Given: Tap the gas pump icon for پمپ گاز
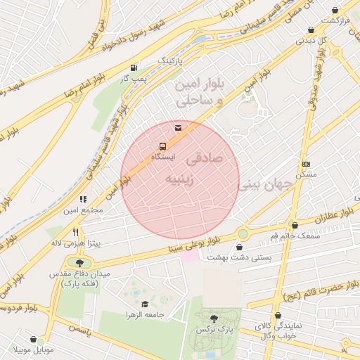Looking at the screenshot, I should (x=134, y=67).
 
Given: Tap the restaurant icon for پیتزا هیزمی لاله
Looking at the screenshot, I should (x=75, y=231).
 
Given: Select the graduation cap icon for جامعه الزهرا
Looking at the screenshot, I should (x=145, y=304).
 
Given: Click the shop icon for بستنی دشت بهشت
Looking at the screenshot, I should (x=241, y=247).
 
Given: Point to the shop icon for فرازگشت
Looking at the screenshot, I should (x=335, y=10).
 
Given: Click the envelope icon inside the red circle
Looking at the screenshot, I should (x=178, y=127).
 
